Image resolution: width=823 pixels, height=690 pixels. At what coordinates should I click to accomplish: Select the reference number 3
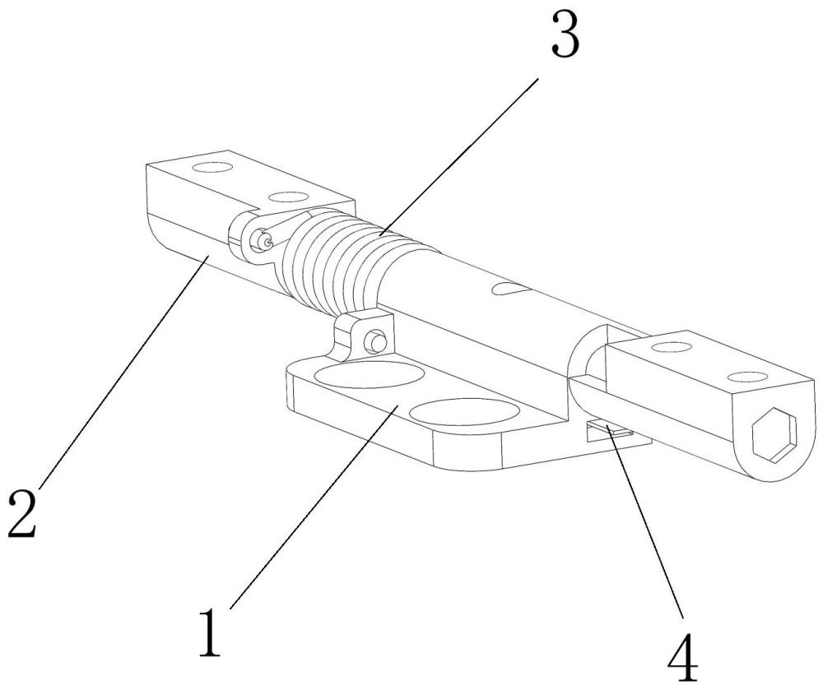[x=565, y=36]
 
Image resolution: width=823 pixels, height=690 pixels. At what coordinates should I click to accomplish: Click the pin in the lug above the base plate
[x=376, y=339]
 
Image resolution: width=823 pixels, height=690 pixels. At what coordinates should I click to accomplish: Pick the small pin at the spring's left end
[x=263, y=241]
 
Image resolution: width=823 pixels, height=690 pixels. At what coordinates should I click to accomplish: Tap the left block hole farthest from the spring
[x=213, y=168]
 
